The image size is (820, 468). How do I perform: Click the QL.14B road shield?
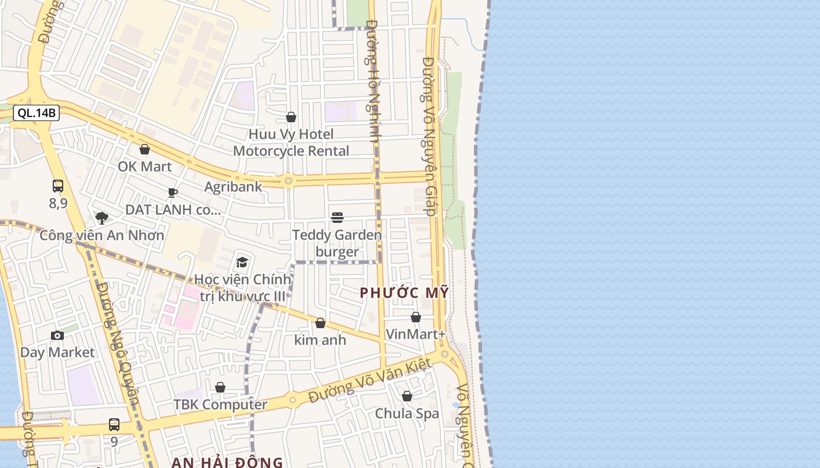36,113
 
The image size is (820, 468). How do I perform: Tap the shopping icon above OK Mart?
145,150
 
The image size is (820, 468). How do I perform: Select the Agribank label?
233,187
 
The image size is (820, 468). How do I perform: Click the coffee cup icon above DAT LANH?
173,192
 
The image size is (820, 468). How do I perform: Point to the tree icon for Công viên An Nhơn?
102,218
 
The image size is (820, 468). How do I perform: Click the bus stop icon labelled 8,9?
58,187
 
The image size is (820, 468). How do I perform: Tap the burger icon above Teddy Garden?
337,218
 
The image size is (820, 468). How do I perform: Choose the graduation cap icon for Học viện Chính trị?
242,262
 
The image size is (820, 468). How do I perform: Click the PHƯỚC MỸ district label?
404,293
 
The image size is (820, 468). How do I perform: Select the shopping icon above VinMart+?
416,317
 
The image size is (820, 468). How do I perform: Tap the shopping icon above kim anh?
320,323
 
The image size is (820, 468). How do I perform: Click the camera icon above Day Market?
57,335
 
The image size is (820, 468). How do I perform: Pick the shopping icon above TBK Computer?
220,387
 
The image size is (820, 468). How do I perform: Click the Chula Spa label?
407,413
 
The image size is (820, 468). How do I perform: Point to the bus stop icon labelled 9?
114,425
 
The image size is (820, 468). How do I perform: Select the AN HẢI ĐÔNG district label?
227,463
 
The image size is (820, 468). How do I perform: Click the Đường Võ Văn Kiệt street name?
370,381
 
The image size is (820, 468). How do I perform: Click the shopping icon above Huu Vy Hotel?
291,118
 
